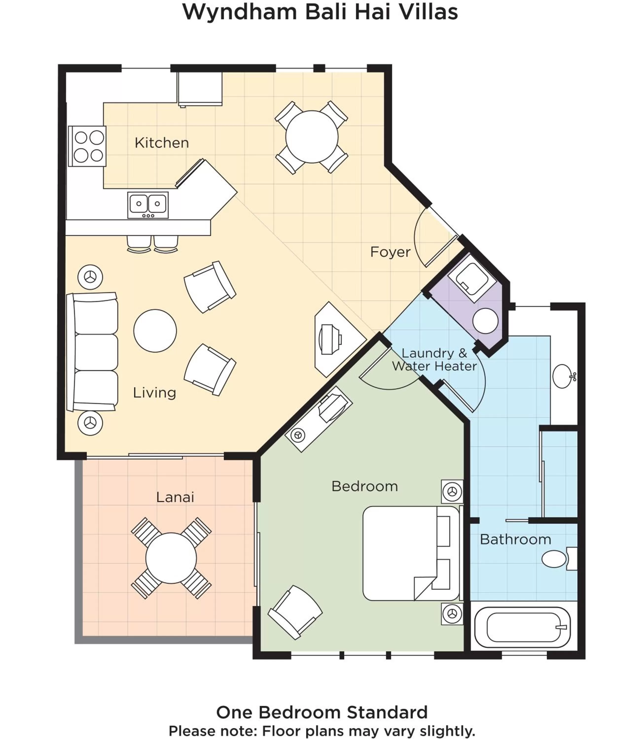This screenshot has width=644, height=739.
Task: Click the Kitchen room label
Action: click(x=162, y=143)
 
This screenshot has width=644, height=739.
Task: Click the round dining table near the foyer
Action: click(x=312, y=137)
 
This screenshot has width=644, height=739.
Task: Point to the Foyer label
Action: click(x=390, y=252)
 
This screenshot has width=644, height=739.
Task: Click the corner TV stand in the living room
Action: click(x=336, y=339)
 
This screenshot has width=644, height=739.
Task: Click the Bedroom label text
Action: click(x=364, y=486)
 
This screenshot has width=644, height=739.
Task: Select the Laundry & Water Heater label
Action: click(x=434, y=360)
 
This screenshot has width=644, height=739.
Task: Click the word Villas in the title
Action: click(x=428, y=12)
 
